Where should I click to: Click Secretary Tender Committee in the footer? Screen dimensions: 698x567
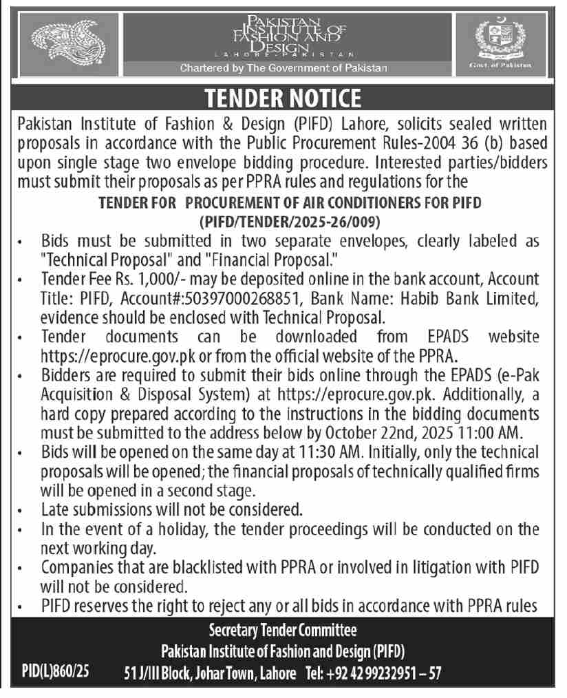283,629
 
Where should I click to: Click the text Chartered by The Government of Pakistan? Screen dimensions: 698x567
283,68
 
